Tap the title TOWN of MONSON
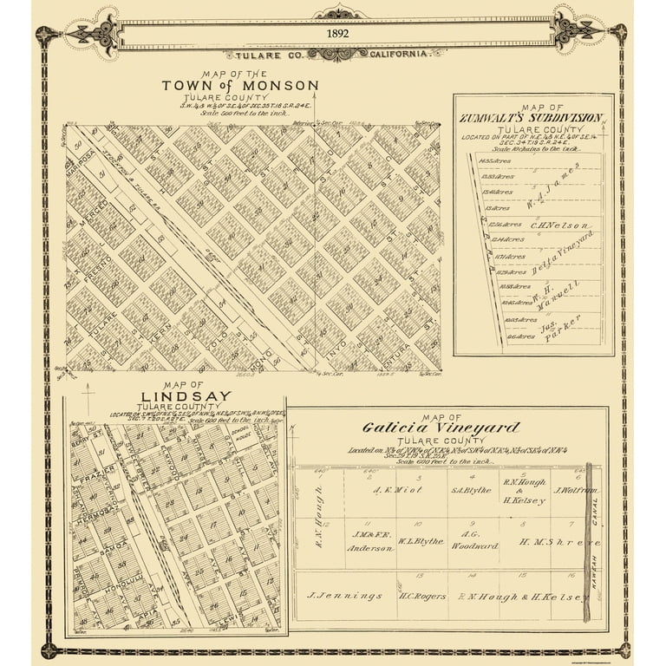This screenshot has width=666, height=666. pos(239,86)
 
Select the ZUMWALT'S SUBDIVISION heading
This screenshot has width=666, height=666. pos(532,117)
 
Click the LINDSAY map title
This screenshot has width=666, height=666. pos(173,396)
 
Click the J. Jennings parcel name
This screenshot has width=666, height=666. pos(345,596)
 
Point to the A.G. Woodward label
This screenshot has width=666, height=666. pos(473,540)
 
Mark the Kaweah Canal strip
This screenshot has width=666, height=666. pos(589,542)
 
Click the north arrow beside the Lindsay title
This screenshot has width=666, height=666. pos(88,399)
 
